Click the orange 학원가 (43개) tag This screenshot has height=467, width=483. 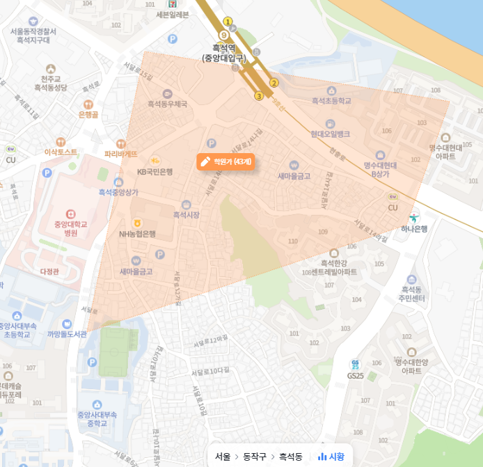(x=225, y=161)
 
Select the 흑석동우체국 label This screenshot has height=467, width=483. (x=167, y=104)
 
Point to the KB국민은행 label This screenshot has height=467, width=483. (x=155, y=171)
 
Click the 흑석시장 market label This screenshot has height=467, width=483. (x=186, y=215)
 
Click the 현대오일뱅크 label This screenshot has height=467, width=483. (x=330, y=133)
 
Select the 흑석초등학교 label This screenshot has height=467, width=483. (x=331, y=101)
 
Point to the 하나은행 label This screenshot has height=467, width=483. (x=414, y=228)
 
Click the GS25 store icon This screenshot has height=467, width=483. (x=356, y=365)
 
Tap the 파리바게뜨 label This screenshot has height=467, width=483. (x=121, y=153)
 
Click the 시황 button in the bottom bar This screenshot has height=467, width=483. (x=331, y=457)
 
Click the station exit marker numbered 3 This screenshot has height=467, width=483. (x=259, y=96)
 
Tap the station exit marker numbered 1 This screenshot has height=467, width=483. (x=228, y=22)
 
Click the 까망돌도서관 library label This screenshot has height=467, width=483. (x=67, y=334)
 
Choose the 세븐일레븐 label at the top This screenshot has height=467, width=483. (x=173, y=15)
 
